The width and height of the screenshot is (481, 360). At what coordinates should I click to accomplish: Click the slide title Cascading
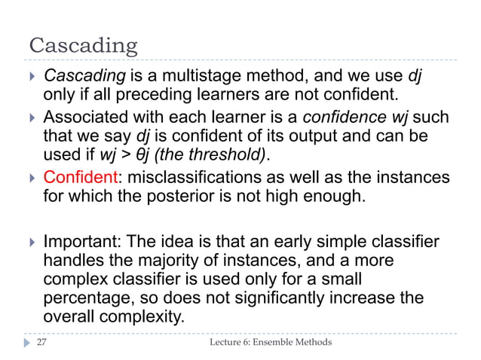click(83, 47)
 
